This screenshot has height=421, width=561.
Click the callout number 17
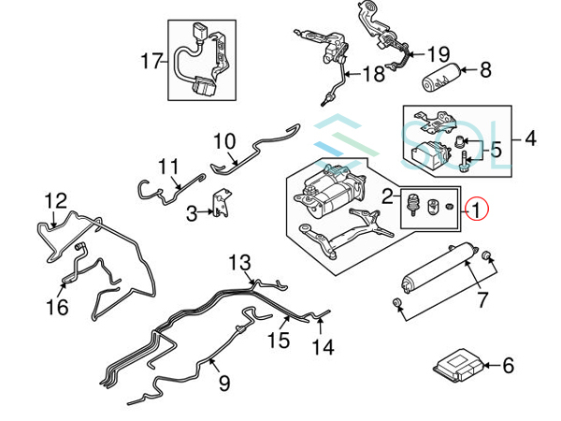pyautogui.click(x=151, y=62)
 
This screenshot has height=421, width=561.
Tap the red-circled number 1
pyautogui.click(x=477, y=210)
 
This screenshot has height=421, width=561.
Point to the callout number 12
pyautogui.click(x=56, y=200)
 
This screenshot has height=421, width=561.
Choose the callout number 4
pyautogui.click(x=530, y=140)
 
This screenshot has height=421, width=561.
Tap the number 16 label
pyautogui.click(x=57, y=307)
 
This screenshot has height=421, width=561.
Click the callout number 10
pyautogui.click(x=224, y=143)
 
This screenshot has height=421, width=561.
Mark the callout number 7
pyautogui.click(x=482, y=299)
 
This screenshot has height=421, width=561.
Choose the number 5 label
pyautogui.click(x=496, y=149)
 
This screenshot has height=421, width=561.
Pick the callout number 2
pyautogui.click(x=385, y=196)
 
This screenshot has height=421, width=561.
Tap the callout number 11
pyautogui.click(x=167, y=168)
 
